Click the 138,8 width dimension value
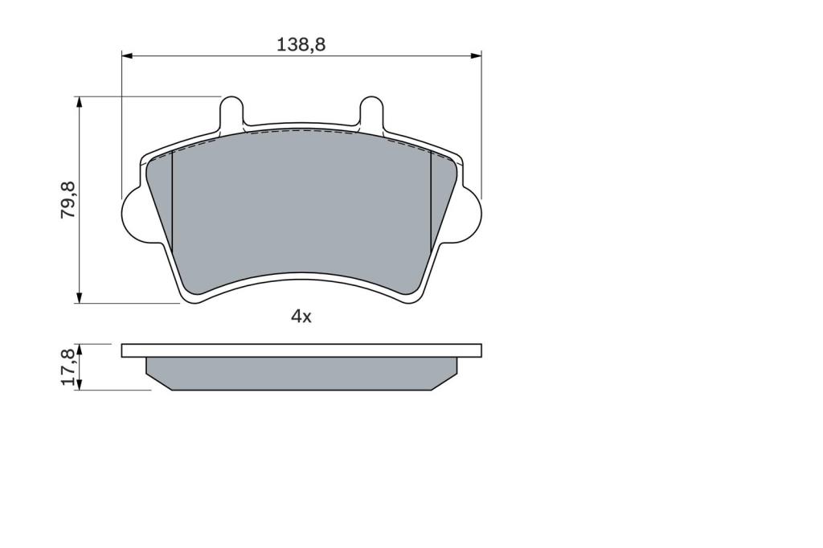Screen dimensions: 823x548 pyautogui.click(x=301, y=45)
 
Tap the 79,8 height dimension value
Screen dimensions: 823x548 pyautogui.click(x=68, y=200)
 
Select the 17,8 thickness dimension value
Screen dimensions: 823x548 pyautogui.click(x=68, y=367)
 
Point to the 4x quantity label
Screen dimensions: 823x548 pyautogui.click(x=301, y=317)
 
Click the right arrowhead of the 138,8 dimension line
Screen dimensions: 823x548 pyautogui.click(x=476, y=55)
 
